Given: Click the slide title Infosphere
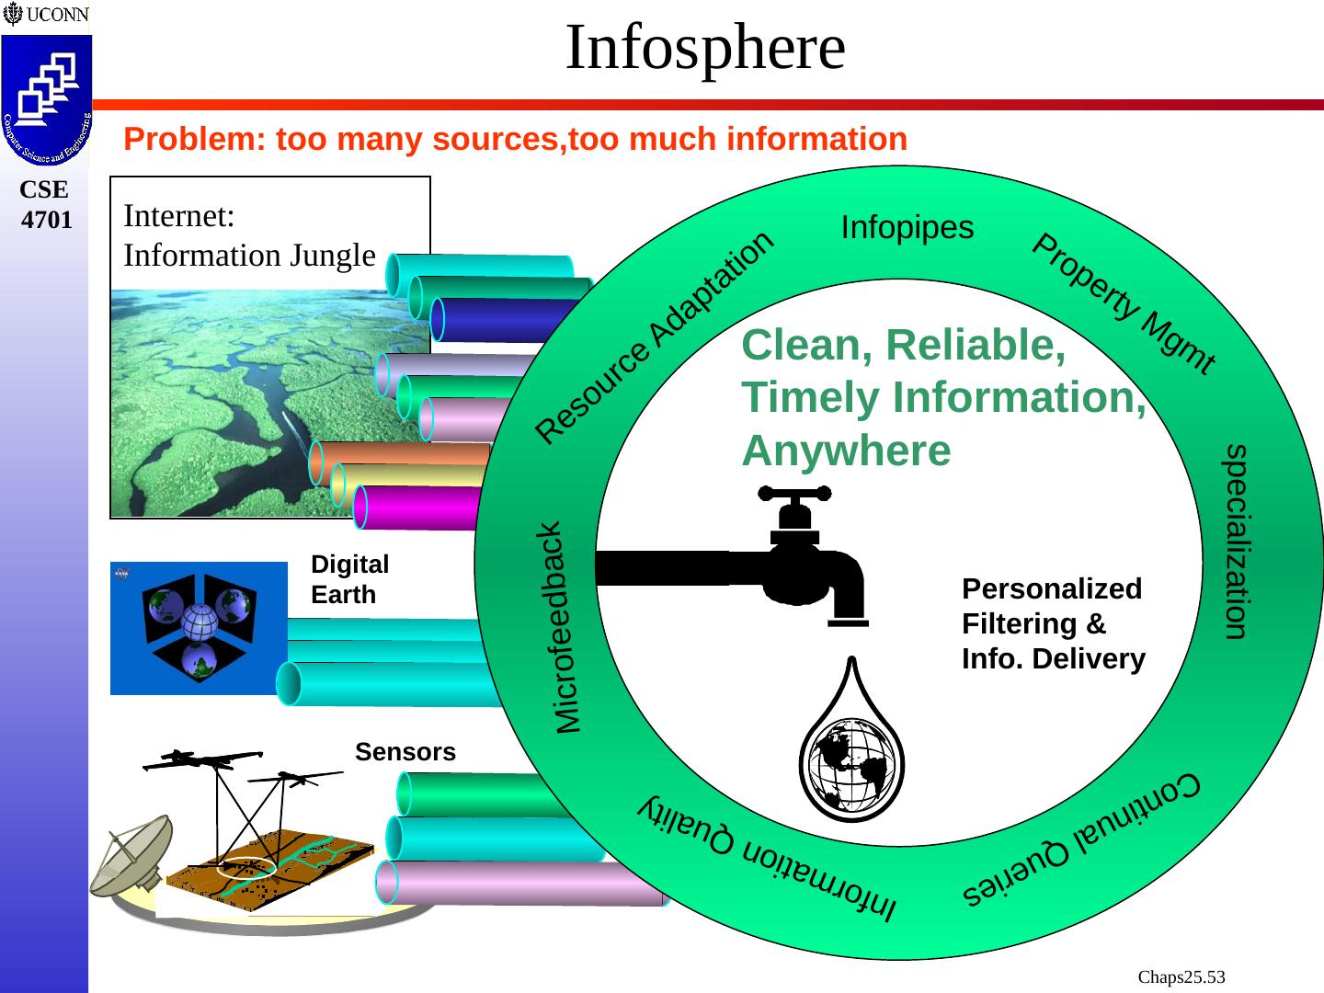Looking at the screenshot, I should point(704,48).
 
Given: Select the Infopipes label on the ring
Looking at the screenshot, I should point(907,227).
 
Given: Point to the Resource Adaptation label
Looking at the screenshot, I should point(655,337).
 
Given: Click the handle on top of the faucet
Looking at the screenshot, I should point(793,494).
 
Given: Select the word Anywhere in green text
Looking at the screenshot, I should point(846,451).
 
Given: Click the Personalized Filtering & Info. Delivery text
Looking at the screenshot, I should point(1053,624).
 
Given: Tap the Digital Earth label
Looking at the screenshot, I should point(349,579).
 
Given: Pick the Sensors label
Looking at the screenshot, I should point(405,752).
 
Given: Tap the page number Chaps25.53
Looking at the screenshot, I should point(1181,976).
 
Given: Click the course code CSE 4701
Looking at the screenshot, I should point(45,205).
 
